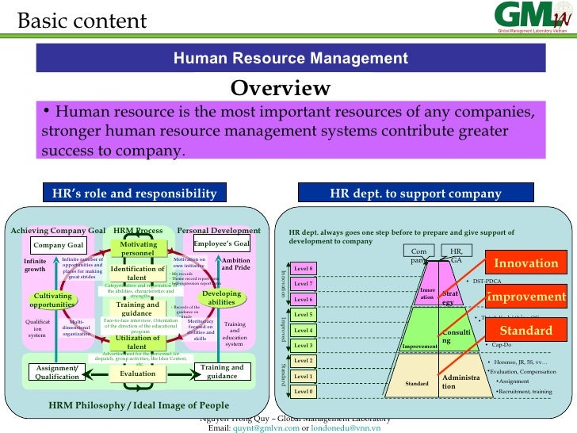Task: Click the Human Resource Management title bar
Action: (x=290, y=58)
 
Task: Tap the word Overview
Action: (x=281, y=87)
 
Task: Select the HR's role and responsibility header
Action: (x=134, y=194)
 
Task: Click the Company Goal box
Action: (x=57, y=245)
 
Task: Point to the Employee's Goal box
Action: (x=222, y=244)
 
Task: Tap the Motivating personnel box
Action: (x=138, y=248)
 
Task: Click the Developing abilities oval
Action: (x=221, y=298)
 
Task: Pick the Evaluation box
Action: (x=137, y=374)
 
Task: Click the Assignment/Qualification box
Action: (x=57, y=372)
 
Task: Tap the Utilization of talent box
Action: (x=137, y=342)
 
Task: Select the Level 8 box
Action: (x=304, y=268)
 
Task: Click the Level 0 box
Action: (x=304, y=391)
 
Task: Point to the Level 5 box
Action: (x=304, y=314)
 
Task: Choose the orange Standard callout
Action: (x=526, y=330)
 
